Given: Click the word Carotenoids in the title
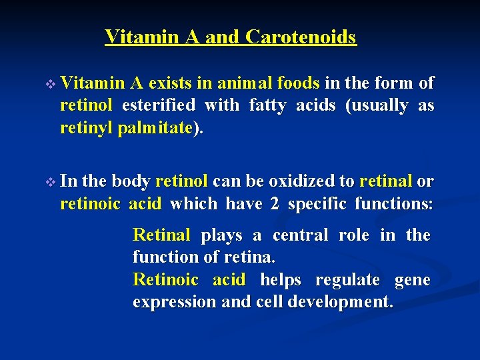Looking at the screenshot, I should point(301,37).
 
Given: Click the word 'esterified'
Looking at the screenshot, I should point(159,105).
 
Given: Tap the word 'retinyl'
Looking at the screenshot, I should point(86,127).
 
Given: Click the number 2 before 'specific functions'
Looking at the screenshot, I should point(274,203).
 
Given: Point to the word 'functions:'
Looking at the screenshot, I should point(393,203).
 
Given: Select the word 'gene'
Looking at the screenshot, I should point(413,279).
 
